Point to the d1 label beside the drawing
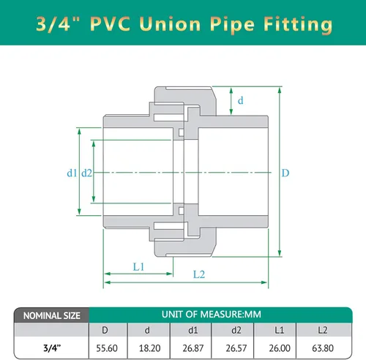pyautogui.click(x=71, y=173)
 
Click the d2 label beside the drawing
pyautogui.click(x=87, y=173)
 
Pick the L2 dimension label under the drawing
pyautogui.click(x=198, y=275)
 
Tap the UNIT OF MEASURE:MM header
pyautogui.click(x=210, y=315)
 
